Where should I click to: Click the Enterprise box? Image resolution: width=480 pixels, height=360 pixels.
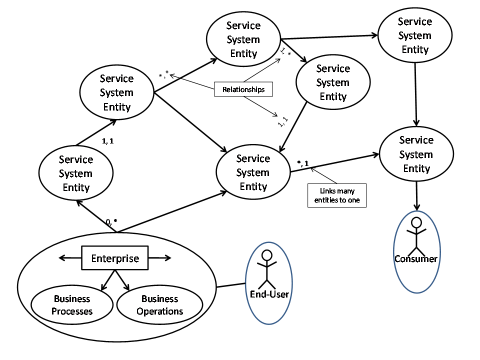[x=114, y=258]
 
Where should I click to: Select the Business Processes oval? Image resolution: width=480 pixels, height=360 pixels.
[x=72, y=305]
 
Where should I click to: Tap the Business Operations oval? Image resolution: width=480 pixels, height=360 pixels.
[x=159, y=305]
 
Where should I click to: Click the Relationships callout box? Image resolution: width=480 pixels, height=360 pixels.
[x=243, y=89]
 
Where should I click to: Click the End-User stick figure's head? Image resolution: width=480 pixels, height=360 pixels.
[x=267, y=255]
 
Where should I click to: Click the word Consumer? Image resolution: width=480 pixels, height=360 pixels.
[x=416, y=258]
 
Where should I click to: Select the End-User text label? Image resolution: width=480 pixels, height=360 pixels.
[x=269, y=294]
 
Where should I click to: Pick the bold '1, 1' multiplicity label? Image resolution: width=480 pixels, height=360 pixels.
[x=107, y=141]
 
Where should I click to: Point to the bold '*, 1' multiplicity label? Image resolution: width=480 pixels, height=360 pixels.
[x=302, y=163]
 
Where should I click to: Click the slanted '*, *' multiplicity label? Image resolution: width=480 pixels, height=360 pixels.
[x=163, y=75]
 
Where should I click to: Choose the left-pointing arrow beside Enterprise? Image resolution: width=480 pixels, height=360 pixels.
[x=69, y=258]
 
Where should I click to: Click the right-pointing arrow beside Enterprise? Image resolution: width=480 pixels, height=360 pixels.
[x=160, y=258]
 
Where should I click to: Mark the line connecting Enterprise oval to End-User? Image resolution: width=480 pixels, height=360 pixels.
[x=230, y=286]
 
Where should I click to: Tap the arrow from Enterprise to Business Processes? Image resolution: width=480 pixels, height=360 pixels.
[x=107, y=280]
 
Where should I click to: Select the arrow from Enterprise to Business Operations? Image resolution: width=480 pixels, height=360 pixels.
[x=123, y=280]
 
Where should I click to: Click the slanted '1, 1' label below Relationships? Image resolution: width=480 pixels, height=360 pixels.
[x=282, y=120]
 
